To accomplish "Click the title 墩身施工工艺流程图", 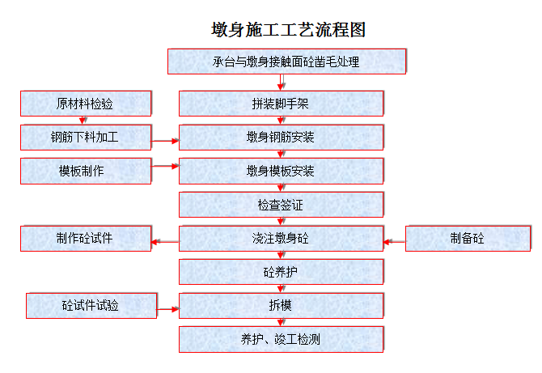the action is (288, 29).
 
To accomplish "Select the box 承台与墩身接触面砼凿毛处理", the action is (287, 61).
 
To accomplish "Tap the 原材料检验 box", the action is (86, 104).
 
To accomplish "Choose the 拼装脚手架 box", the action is (281, 104).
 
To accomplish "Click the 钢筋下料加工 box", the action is (86, 138).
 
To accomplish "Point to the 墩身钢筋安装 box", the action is (281, 138).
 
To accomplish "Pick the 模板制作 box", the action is (86, 171).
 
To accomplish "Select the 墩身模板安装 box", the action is (281, 171).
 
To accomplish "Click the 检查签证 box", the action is (281, 205).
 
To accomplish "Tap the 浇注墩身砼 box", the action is (281, 238).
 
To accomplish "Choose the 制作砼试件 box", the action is (86, 238).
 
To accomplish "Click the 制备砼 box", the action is (468, 238).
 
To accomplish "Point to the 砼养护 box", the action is (281, 272).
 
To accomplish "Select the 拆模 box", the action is (281, 306).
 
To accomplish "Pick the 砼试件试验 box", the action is (91, 306).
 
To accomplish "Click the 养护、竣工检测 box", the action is (281, 340).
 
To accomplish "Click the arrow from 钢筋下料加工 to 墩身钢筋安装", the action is (165, 141).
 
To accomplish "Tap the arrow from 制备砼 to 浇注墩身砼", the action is (395, 242).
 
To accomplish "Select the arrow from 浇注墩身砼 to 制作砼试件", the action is (165, 242).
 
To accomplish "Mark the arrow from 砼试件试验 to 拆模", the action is (168, 309).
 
